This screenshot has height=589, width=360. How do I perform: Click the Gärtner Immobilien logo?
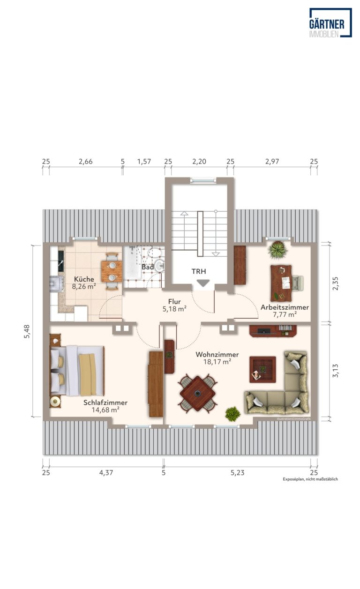pyautogui.click(x=330, y=22)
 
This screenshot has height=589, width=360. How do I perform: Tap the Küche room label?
pyautogui.click(x=84, y=279)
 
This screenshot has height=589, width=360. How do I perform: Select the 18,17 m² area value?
pyautogui.click(x=217, y=362)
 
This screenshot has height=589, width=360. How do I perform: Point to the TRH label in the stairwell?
pyautogui.click(x=199, y=271)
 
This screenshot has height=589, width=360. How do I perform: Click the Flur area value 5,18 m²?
pyautogui.click(x=174, y=309)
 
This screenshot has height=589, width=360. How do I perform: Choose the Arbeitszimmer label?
pyautogui.click(x=285, y=307)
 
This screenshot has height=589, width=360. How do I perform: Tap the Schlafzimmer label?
pyautogui.click(x=105, y=403)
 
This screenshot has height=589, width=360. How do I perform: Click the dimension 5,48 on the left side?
pyautogui.click(x=27, y=331)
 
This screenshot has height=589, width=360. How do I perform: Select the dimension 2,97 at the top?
pyautogui.click(x=272, y=162)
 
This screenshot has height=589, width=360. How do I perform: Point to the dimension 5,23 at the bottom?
pyautogui.click(x=238, y=473)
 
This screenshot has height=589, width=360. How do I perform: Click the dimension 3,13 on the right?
pyautogui.click(x=336, y=371)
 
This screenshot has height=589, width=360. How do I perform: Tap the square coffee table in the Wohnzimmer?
pyautogui.click(x=262, y=369)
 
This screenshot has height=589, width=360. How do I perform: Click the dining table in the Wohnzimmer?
pyautogui.click(x=198, y=393)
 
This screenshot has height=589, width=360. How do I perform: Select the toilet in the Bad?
pyautogui.click(x=155, y=253)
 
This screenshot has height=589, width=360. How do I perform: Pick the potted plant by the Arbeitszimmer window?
pyautogui.click(x=277, y=250)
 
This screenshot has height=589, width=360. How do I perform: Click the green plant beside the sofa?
pyautogui.click(x=232, y=414)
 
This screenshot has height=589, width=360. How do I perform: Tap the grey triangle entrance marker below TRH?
pyautogui.click(x=203, y=283)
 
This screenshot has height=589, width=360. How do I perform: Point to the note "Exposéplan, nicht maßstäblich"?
pyautogui.click(x=310, y=479)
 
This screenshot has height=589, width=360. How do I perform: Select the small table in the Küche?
pyautogui.click(x=112, y=271)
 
